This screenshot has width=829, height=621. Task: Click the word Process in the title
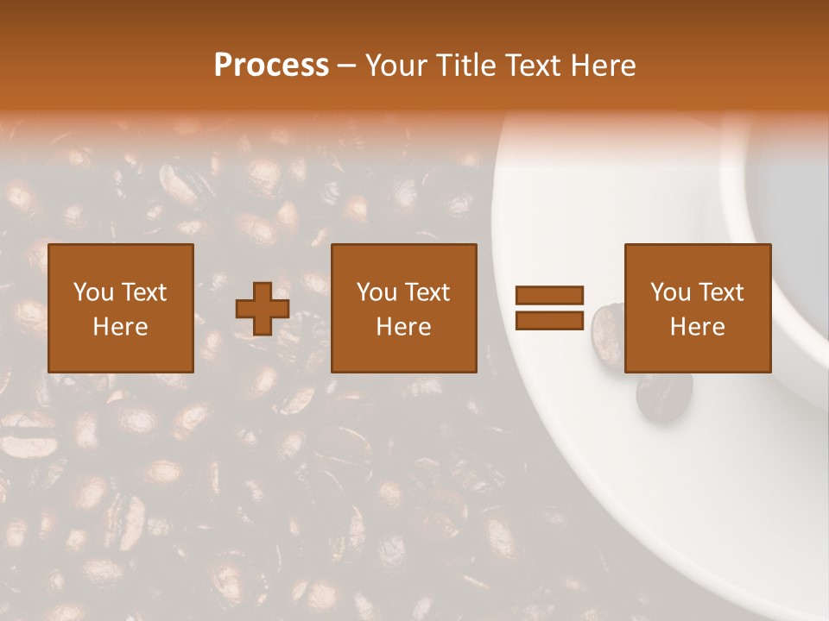pyautogui.click(x=271, y=66)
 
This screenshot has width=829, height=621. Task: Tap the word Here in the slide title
pyautogui.click(x=603, y=66)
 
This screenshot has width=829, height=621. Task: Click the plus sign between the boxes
pyautogui.click(x=263, y=309)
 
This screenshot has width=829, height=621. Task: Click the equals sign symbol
pyautogui.click(x=550, y=308)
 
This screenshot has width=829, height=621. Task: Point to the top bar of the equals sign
pyautogui.click(x=550, y=296)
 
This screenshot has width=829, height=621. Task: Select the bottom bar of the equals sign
pyautogui.click(x=550, y=320)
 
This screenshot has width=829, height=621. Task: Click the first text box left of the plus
pyautogui.click(x=121, y=308)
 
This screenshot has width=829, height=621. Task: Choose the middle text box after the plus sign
pyautogui.click(x=404, y=308)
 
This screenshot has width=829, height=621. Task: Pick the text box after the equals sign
pyautogui.click(x=698, y=308)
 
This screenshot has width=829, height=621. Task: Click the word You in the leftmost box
pyautogui.click(x=92, y=292)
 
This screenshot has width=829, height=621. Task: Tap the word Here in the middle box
pyautogui.click(x=404, y=327)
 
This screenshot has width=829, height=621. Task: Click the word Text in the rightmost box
pyautogui.click(x=721, y=292)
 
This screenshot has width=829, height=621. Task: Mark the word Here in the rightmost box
pyautogui.click(x=698, y=327)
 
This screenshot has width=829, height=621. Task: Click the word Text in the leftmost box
pyautogui.click(x=144, y=292)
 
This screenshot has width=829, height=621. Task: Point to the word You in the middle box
pyautogui.click(x=376, y=292)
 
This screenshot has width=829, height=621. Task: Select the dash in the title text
pyautogui.click(x=347, y=66)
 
